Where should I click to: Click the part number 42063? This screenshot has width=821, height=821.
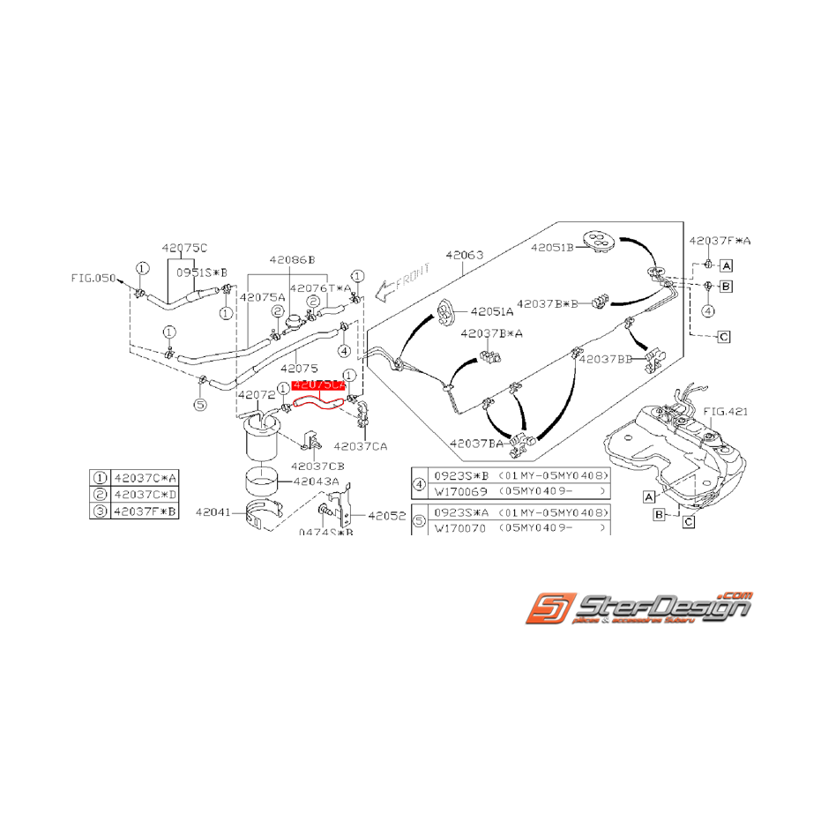465,256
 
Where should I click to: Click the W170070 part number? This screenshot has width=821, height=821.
461,527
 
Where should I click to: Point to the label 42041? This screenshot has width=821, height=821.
213,511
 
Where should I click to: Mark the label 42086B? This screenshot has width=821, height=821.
292,260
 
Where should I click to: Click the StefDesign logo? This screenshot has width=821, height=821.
639,608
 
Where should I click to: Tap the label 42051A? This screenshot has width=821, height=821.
493,311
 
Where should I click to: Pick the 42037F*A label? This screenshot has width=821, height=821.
720,240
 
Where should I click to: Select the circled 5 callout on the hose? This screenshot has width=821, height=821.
199,404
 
